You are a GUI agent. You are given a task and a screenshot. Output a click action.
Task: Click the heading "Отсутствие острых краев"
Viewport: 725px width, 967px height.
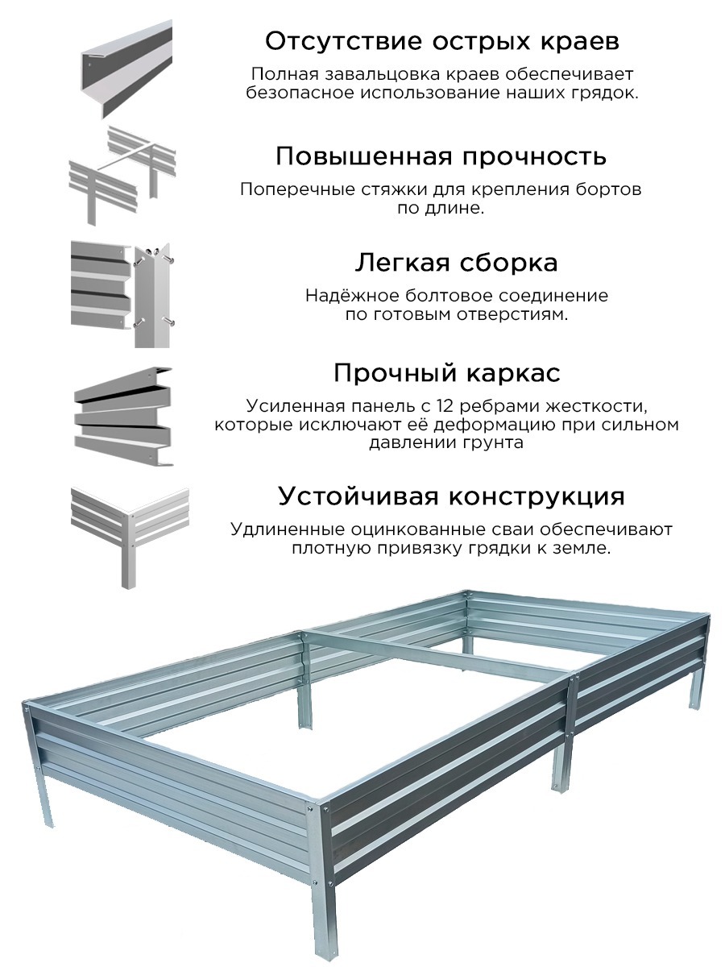click(x=442, y=42)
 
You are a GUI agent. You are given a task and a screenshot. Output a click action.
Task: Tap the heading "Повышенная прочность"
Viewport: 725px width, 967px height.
click(x=441, y=156)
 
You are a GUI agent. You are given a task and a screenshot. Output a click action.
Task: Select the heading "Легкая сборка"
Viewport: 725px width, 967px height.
click(x=456, y=263)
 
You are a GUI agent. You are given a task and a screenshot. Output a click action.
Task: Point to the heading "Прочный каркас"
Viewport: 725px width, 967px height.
click(x=447, y=374)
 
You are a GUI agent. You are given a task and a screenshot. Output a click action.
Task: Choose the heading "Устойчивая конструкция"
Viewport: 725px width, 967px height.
click(x=451, y=496)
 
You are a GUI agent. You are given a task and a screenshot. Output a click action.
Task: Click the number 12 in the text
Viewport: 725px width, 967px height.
click(x=446, y=406)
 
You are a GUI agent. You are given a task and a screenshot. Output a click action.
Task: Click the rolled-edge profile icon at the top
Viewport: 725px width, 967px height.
click(x=126, y=69)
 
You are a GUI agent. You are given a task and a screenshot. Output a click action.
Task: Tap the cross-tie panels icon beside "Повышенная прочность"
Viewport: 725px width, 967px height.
click(x=122, y=176)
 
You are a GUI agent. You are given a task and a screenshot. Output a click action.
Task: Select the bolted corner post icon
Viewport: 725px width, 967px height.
click(x=122, y=294)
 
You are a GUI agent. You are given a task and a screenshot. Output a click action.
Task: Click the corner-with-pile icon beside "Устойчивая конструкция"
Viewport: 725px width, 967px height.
click(x=130, y=537)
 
